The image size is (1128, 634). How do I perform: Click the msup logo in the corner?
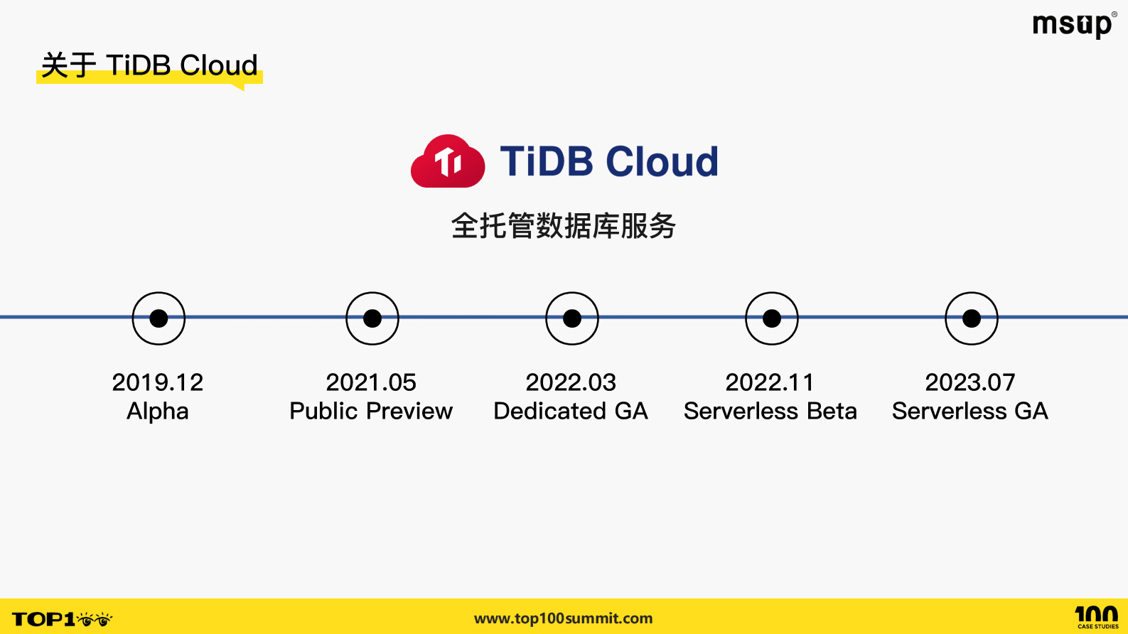(x=1073, y=26)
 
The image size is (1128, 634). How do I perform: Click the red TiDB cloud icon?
(x=448, y=161)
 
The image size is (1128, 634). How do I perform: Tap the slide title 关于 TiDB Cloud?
(x=149, y=65)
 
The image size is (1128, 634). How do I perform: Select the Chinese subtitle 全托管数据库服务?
(x=564, y=226)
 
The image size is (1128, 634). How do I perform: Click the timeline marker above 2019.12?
(x=159, y=318)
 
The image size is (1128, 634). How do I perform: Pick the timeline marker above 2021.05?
(x=372, y=318)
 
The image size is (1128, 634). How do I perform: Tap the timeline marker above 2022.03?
(x=572, y=318)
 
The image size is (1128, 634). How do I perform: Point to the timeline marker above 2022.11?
(x=772, y=318)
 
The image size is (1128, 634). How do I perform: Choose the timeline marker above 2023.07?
(x=972, y=318)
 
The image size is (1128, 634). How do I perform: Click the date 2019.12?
(x=158, y=382)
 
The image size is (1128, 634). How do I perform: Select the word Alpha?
(x=158, y=412)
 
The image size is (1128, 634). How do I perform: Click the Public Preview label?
(x=371, y=412)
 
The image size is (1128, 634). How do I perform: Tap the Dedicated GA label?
(x=571, y=412)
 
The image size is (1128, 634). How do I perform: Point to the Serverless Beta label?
(x=770, y=412)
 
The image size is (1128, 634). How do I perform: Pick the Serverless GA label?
(x=970, y=412)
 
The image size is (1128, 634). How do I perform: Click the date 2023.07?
(x=970, y=382)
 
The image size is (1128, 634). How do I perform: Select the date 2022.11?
(x=770, y=382)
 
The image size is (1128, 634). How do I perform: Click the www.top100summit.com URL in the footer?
(x=564, y=618)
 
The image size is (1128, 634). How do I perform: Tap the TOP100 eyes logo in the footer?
(x=63, y=619)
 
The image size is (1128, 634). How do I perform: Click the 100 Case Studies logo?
(x=1097, y=616)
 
